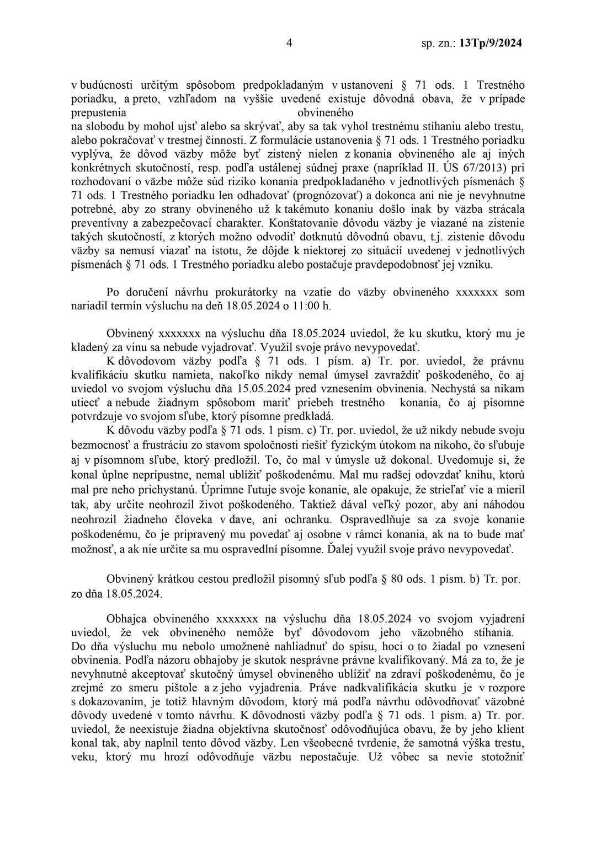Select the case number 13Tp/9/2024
point(489,43)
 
